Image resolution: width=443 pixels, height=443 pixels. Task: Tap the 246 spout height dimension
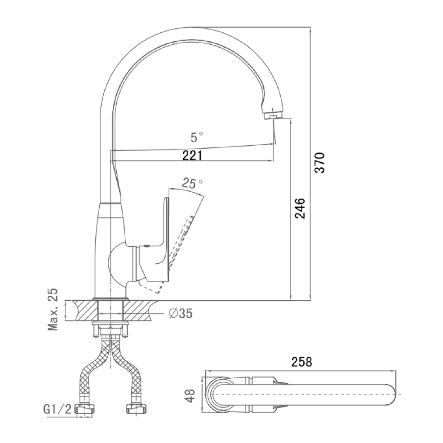point(300,208)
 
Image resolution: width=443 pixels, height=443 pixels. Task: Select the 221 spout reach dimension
point(192,155)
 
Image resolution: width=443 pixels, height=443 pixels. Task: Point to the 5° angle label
point(197,137)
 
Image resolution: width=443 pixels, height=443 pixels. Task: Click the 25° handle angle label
point(192,183)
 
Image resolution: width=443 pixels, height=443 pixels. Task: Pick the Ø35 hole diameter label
point(181,313)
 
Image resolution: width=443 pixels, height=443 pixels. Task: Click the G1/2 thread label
point(58,409)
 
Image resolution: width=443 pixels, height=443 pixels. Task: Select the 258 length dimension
point(302,362)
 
